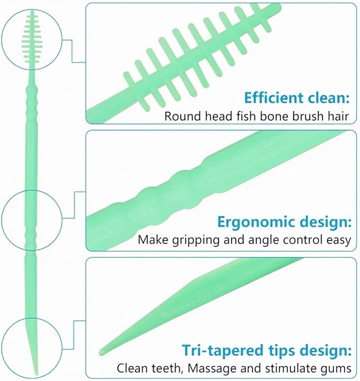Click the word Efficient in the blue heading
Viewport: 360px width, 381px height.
coord(274,98)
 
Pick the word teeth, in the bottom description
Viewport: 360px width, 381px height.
coord(168,368)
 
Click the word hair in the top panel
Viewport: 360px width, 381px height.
coord(339,116)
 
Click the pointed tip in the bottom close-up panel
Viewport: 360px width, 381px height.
coord(101,352)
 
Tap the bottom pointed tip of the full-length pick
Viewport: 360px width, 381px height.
coord(37,374)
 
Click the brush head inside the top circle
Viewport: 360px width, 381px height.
coord(32,39)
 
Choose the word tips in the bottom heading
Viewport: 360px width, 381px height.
coord(283,351)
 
